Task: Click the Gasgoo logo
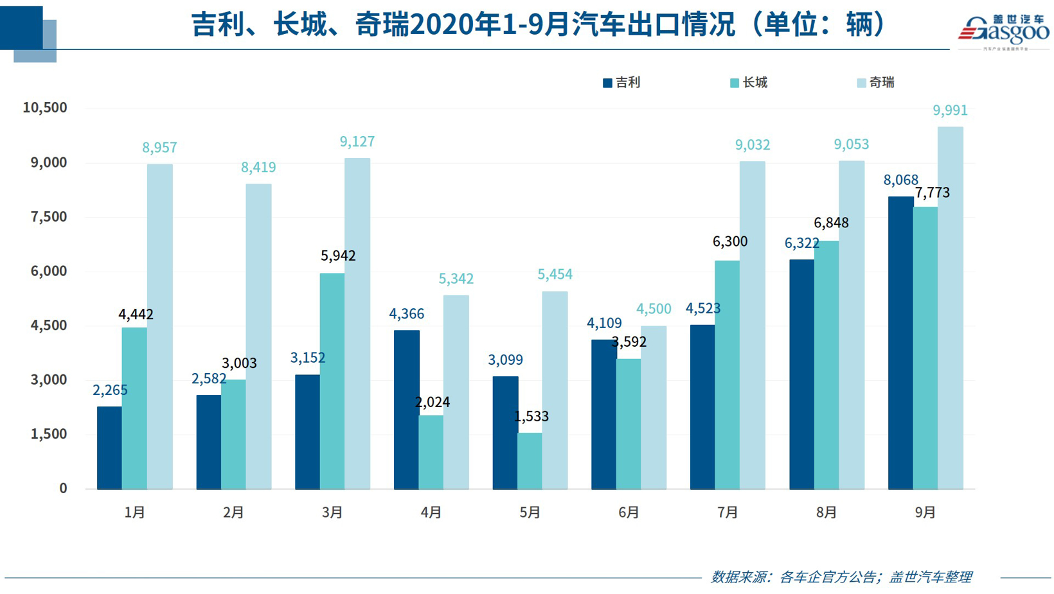1003,31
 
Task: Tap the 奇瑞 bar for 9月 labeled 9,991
950,308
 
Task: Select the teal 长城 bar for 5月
530,460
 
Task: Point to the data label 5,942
338,256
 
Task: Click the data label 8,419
258,168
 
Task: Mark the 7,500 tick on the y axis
49,217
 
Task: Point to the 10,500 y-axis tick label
45,108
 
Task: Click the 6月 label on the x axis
629,512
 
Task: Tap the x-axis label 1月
134,512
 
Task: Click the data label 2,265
110,390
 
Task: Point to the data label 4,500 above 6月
654,309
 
